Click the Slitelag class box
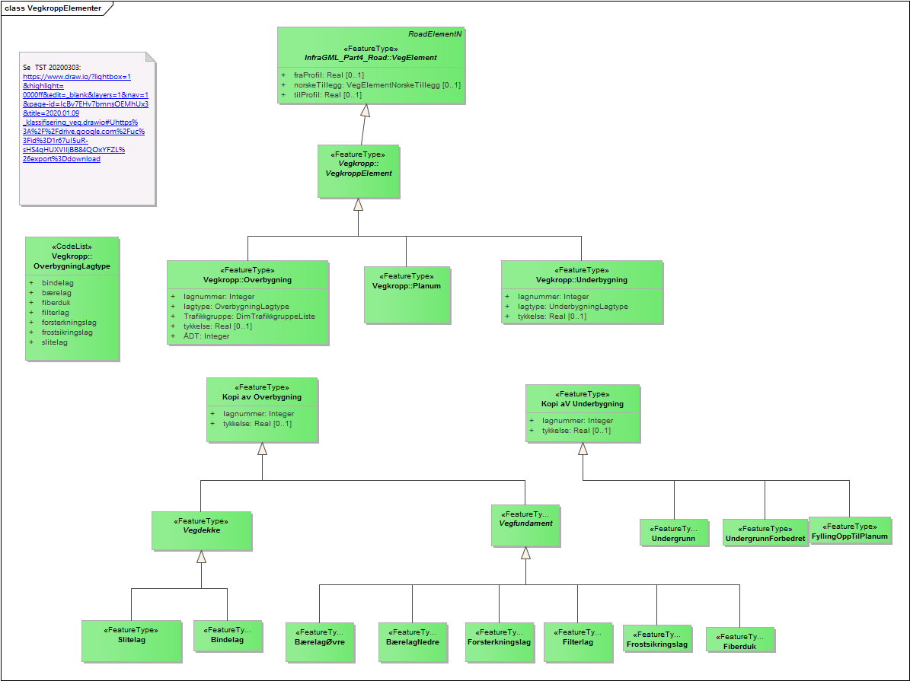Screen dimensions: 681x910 (132, 640)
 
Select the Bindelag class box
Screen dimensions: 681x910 (227, 639)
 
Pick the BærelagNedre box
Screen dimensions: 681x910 (412, 641)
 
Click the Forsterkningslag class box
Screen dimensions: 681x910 (500, 641)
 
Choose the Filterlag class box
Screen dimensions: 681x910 (577, 641)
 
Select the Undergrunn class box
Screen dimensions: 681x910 (674, 533)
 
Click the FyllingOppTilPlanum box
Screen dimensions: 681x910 (849, 530)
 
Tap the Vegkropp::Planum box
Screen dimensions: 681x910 (406, 294)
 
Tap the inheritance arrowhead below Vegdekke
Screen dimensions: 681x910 (201, 556)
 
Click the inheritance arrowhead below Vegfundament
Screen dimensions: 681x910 (525, 553)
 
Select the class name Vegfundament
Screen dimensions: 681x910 (525, 523)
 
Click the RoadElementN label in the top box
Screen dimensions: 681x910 (435, 34)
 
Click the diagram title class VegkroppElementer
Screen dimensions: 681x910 (53, 8)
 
